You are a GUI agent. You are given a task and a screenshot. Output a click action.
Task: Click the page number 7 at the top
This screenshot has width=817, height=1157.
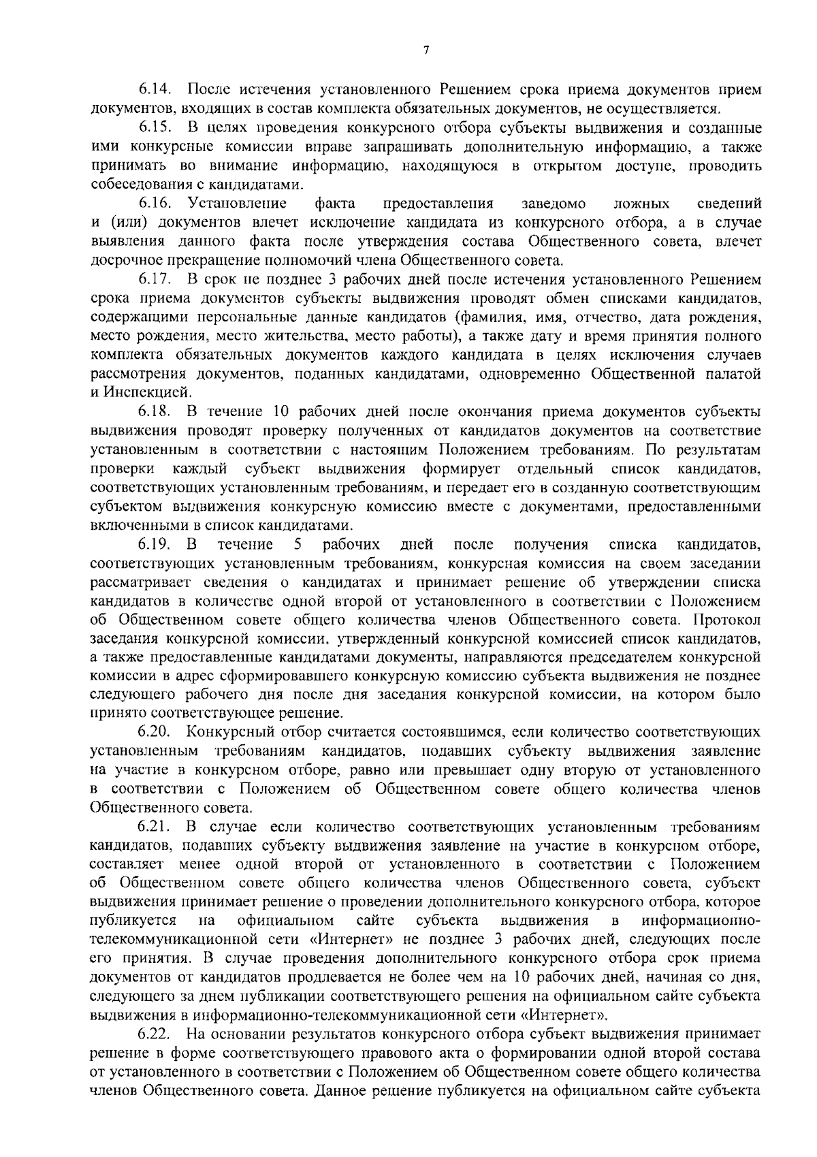point(426,50)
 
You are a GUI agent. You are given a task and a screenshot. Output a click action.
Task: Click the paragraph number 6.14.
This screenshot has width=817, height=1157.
point(157,89)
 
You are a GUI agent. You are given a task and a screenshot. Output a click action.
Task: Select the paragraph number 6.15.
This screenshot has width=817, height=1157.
point(157,127)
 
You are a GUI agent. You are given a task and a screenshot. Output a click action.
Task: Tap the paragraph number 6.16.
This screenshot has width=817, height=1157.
point(157,203)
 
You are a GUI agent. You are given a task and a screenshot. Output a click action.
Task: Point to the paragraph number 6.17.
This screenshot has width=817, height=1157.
point(157,279)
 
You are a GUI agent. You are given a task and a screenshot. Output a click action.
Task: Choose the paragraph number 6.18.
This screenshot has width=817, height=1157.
point(157,412)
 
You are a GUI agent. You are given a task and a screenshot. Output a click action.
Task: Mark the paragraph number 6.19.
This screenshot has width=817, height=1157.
point(154,545)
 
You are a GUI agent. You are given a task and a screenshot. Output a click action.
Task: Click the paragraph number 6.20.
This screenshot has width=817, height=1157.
point(157,732)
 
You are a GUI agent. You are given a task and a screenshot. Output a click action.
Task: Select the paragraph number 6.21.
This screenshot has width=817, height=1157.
point(157,827)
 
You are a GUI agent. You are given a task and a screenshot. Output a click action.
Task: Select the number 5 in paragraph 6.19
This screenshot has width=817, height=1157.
point(297,545)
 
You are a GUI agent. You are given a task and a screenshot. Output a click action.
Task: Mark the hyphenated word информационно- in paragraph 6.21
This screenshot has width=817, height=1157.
point(701,921)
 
